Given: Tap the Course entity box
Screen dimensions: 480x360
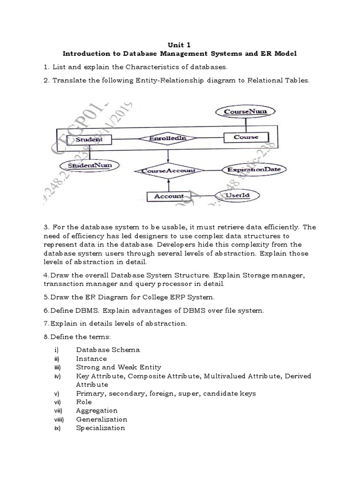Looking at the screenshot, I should [x=246, y=137].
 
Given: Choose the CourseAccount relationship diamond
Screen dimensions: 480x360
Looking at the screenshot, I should [x=168, y=171].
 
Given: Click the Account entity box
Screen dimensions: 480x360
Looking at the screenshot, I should [x=169, y=196].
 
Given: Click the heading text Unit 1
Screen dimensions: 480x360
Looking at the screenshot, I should [x=180, y=45].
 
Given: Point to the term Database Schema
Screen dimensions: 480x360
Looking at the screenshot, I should [x=108, y=350].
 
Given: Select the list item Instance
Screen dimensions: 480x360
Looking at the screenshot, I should [x=91, y=359].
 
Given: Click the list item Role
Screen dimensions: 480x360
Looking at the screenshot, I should [x=84, y=402].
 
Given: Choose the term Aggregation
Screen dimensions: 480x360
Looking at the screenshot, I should [x=97, y=411].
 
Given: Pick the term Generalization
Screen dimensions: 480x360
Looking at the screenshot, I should [x=101, y=419].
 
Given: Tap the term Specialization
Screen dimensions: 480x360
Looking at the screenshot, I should [x=100, y=428].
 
